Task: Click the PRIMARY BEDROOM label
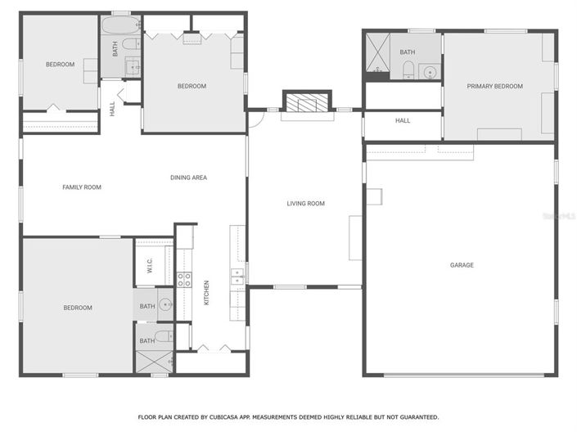pyautogui.click(x=494, y=86)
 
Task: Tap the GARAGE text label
pyautogui.click(x=462, y=265)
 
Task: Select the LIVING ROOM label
pyautogui.click(x=305, y=204)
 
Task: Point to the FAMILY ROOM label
pyautogui.click(x=82, y=187)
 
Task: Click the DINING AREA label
pyautogui.click(x=188, y=178)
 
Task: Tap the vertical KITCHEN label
pyautogui.click(x=206, y=293)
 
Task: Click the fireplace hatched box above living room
pyautogui.click(x=308, y=101)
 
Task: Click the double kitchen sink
pyautogui.click(x=237, y=278)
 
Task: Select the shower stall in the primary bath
pyautogui.click(x=376, y=53)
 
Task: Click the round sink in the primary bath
pyautogui.click(x=429, y=73)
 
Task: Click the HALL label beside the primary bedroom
pyautogui.click(x=403, y=120)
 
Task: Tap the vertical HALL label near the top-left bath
pyautogui.click(x=112, y=109)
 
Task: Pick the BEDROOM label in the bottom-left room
pyautogui.click(x=78, y=308)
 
